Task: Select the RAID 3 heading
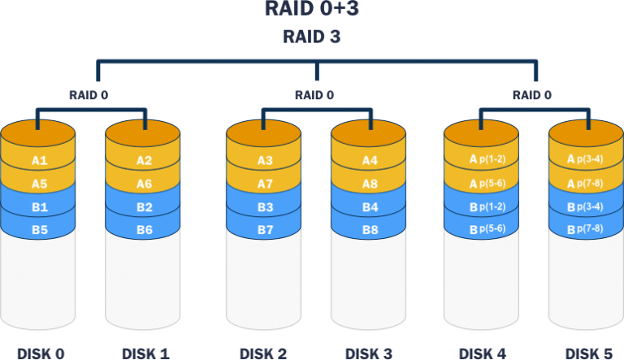pyautogui.click(x=312, y=37)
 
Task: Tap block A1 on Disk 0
pyautogui.click(x=39, y=161)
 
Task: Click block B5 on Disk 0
pyautogui.click(x=39, y=230)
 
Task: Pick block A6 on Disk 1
pyautogui.click(x=144, y=184)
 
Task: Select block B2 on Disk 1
pyautogui.click(x=144, y=207)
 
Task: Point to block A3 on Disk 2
pyautogui.click(x=265, y=161)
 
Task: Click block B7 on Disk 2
pyautogui.click(x=265, y=230)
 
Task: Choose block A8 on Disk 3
pyautogui.click(x=369, y=184)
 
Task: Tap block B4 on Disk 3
pyautogui.click(x=369, y=207)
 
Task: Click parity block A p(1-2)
pyautogui.click(x=481, y=161)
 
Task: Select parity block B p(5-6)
pyautogui.click(x=481, y=230)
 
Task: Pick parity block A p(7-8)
pyautogui.click(x=586, y=184)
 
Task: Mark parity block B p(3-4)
pyautogui.click(x=586, y=207)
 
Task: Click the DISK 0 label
pyautogui.click(x=41, y=353)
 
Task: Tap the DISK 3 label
pyautogui.click(x=370, y=353)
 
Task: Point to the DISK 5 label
pyautogui.click(x=587, y=353)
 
